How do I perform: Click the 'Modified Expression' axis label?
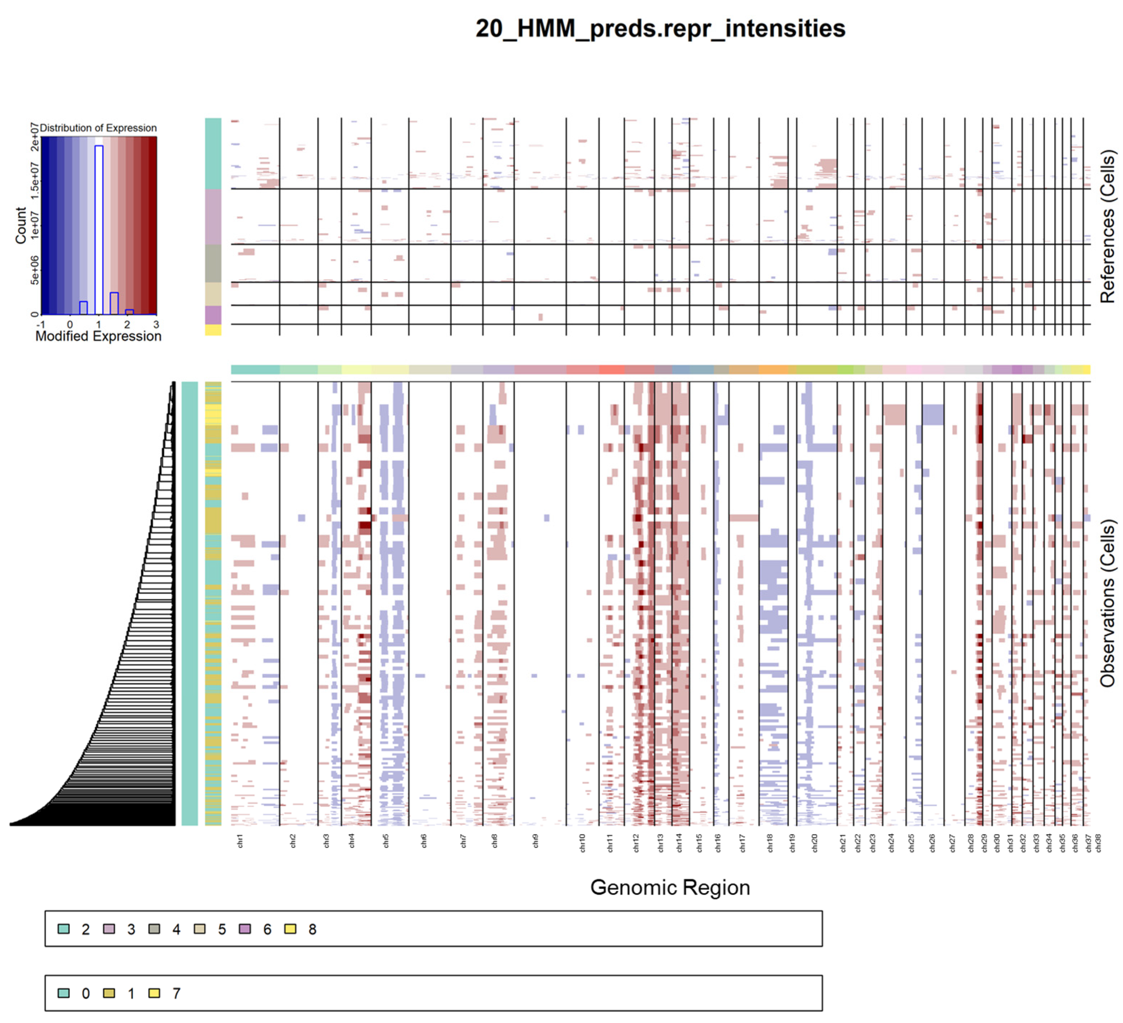point(98,336)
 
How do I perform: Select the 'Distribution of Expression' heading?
point(98,128)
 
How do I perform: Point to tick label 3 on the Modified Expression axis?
point(156,325)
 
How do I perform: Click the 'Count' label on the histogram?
point(20,225)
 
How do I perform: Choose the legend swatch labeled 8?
point(290,929)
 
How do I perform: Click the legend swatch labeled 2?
point(64,929)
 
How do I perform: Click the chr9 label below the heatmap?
point(535,841)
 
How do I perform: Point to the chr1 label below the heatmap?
point(240,841)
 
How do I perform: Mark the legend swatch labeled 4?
point(154,929)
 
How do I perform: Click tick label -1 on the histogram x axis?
point(40,325)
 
